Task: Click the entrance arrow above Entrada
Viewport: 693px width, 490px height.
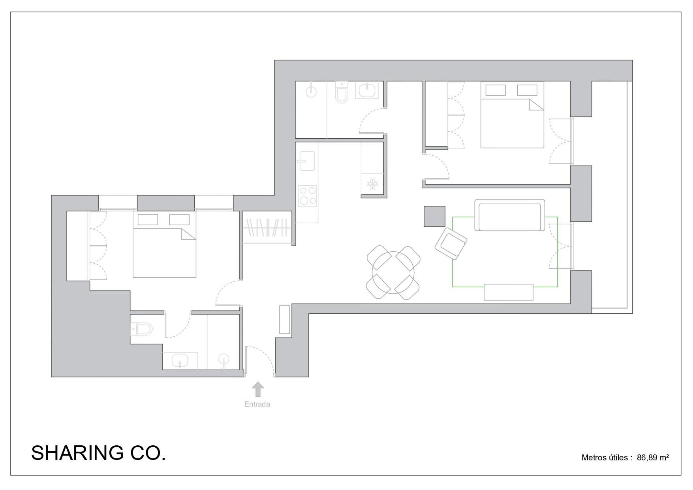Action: (x=258, y=389)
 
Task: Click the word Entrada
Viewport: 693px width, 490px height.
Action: (x=257, y=404)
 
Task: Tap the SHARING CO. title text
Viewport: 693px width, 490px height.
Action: (x=98, y=453)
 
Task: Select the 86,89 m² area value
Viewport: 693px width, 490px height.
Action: (x=653, y=458)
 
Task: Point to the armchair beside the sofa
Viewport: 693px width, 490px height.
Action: (x=451, y=243)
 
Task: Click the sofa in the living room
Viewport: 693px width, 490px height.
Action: (x=509, y=215)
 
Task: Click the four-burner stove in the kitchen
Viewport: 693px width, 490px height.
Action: (x=307, y=196)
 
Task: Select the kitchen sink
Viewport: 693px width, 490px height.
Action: (x=307, y=161)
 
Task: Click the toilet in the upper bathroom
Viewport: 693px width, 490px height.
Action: (x=341, y=92)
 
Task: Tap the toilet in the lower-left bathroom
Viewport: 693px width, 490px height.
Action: (x=141, y=329)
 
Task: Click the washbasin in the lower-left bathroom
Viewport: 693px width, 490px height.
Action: (x=180, y=360)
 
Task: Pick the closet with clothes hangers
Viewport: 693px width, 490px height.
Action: (x=267, y=228)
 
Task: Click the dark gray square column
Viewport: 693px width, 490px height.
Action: (x=434, y=216)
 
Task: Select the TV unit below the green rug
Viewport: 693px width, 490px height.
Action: (x=509, y=292)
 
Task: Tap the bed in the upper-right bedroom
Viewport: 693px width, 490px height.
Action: (x=512, y=115)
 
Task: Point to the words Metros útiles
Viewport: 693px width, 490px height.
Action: (x=605, y=458)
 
